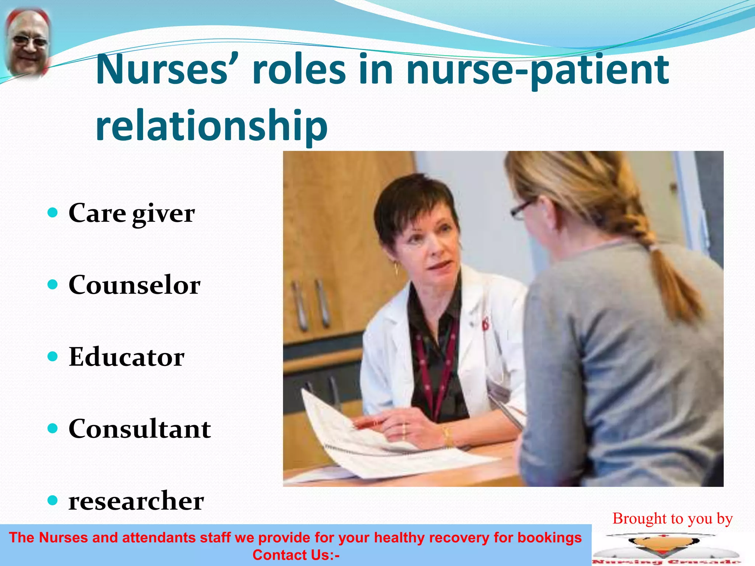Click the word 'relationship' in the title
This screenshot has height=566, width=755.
211,125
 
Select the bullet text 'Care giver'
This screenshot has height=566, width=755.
132,213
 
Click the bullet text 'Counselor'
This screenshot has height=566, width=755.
135,285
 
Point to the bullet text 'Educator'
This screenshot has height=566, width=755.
126,357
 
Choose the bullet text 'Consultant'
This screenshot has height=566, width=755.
140,429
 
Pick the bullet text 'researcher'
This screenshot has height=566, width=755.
136,501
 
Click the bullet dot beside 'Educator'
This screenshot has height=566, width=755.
53,356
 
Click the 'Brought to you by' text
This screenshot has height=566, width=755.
672,518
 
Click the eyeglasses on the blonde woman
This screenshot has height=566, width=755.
522,209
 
